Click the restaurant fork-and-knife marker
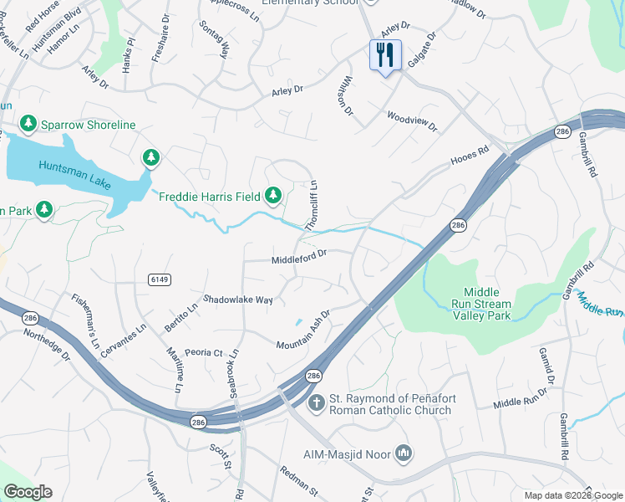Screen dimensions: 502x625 (x=385, y=56)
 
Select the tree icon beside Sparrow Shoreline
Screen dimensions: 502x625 (x=28, y=125)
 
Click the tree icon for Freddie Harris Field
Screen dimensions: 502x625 (x=272, y=196)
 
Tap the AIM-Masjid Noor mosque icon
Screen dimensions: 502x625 (x=404, y=453)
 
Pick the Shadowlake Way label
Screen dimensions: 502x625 (x=238, y=299)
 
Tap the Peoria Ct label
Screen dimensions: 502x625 (x=204, y=353)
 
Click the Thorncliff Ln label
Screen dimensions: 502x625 (x=311, y=206)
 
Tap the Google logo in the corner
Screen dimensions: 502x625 (x=28, y=492)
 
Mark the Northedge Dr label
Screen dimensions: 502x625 (x=48, y=341)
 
